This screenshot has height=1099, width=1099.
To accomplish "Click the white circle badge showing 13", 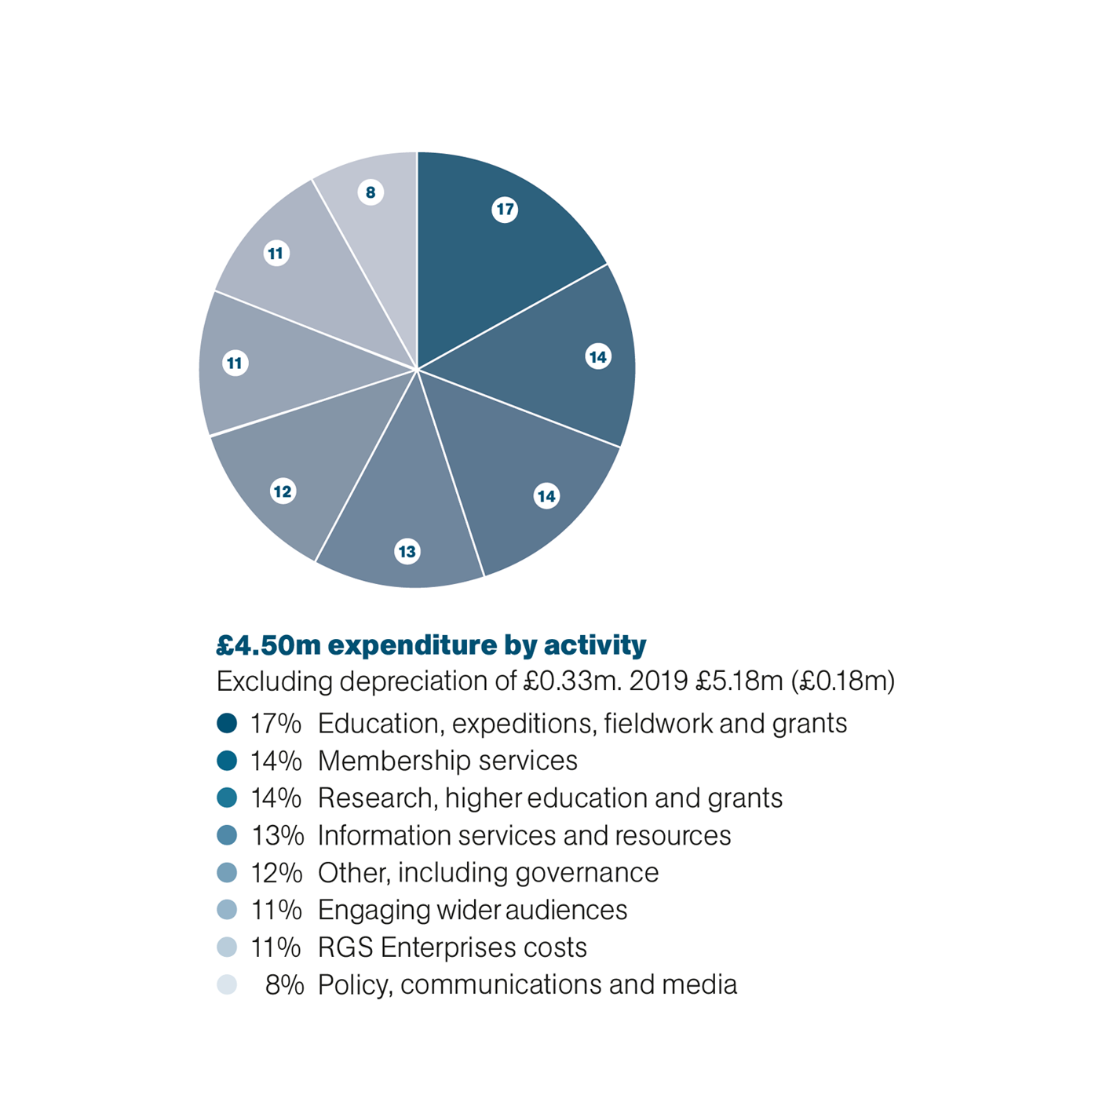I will click(x=407, y=552).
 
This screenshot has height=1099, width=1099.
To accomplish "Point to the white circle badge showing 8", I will click(x=371, y=192).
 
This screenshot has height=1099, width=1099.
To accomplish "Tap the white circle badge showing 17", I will click(x=505, y=210).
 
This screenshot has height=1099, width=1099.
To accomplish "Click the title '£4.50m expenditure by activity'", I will click(x=431, y=645).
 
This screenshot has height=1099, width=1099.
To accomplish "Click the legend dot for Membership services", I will click(x=227, y=761).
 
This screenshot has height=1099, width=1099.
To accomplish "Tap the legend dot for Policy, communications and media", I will click(x=227, y=984).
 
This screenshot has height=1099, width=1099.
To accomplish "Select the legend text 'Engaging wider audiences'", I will click(x=473, y=911).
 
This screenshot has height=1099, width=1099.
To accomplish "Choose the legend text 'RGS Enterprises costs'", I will click(x=452, y=947).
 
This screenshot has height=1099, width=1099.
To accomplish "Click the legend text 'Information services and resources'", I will click(x=524, y=835).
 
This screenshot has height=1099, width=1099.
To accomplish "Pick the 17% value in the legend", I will click(x=276, y=724).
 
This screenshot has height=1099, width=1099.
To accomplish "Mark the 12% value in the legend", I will click(x=276, y=873).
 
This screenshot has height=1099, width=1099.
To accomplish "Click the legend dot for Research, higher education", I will click(x=227, y=798).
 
